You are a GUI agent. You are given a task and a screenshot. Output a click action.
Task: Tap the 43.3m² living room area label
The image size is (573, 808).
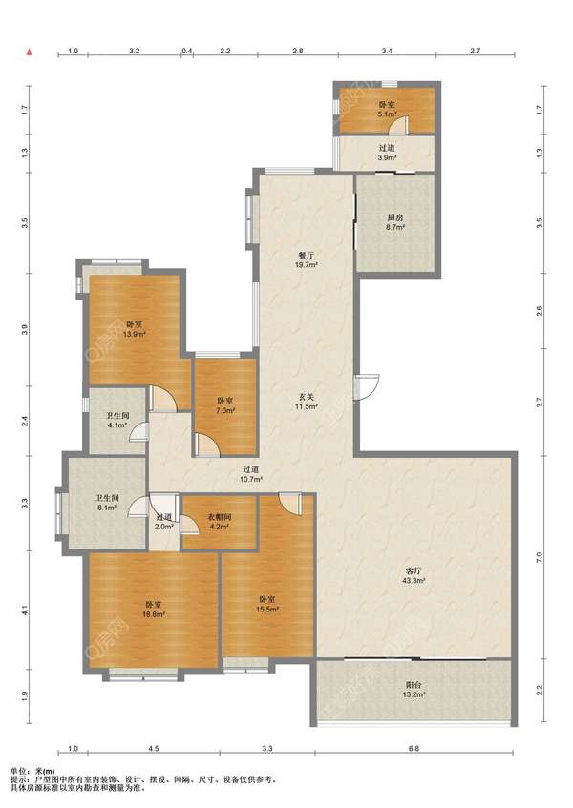pos(414,575)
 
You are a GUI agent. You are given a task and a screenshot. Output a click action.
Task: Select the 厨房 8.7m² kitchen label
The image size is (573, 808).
pos(395,222)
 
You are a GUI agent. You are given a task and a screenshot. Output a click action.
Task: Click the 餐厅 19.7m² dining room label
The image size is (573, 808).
pos(307,260)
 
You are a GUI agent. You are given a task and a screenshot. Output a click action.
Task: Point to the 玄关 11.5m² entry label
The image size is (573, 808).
pos(306,402)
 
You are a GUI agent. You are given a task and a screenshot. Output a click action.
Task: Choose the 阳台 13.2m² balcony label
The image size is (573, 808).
pos(414,690)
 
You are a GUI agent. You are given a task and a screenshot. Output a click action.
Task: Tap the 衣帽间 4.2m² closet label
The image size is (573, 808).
pos(220,522)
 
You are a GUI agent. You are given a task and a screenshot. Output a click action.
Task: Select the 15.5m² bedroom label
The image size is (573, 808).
pos(267,604)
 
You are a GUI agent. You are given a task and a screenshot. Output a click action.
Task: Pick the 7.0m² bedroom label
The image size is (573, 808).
pos(224,405)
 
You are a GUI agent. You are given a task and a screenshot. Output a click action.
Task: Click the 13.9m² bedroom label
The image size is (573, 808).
pos(134,329)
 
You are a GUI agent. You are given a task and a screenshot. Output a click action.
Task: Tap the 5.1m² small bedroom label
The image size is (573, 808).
pos(387,110)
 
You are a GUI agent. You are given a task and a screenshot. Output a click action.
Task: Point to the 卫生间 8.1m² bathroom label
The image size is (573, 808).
pos(107,503)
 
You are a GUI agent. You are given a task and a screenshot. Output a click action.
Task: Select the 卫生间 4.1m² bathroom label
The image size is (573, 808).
pos(117,420)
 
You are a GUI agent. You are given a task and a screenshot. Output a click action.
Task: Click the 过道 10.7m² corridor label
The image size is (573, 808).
pos(251,474)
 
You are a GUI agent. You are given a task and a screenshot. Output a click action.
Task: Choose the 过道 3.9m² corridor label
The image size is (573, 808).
pos(387,153)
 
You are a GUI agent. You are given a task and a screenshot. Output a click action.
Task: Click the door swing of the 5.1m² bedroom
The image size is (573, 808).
pos(398,125)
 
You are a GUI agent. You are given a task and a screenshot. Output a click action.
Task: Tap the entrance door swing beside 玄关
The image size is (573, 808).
pos(368,386)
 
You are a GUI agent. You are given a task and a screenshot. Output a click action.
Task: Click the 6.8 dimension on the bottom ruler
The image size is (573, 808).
pos(414,749)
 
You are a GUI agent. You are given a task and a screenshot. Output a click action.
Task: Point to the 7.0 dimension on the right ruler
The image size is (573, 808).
pos(540,557)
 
